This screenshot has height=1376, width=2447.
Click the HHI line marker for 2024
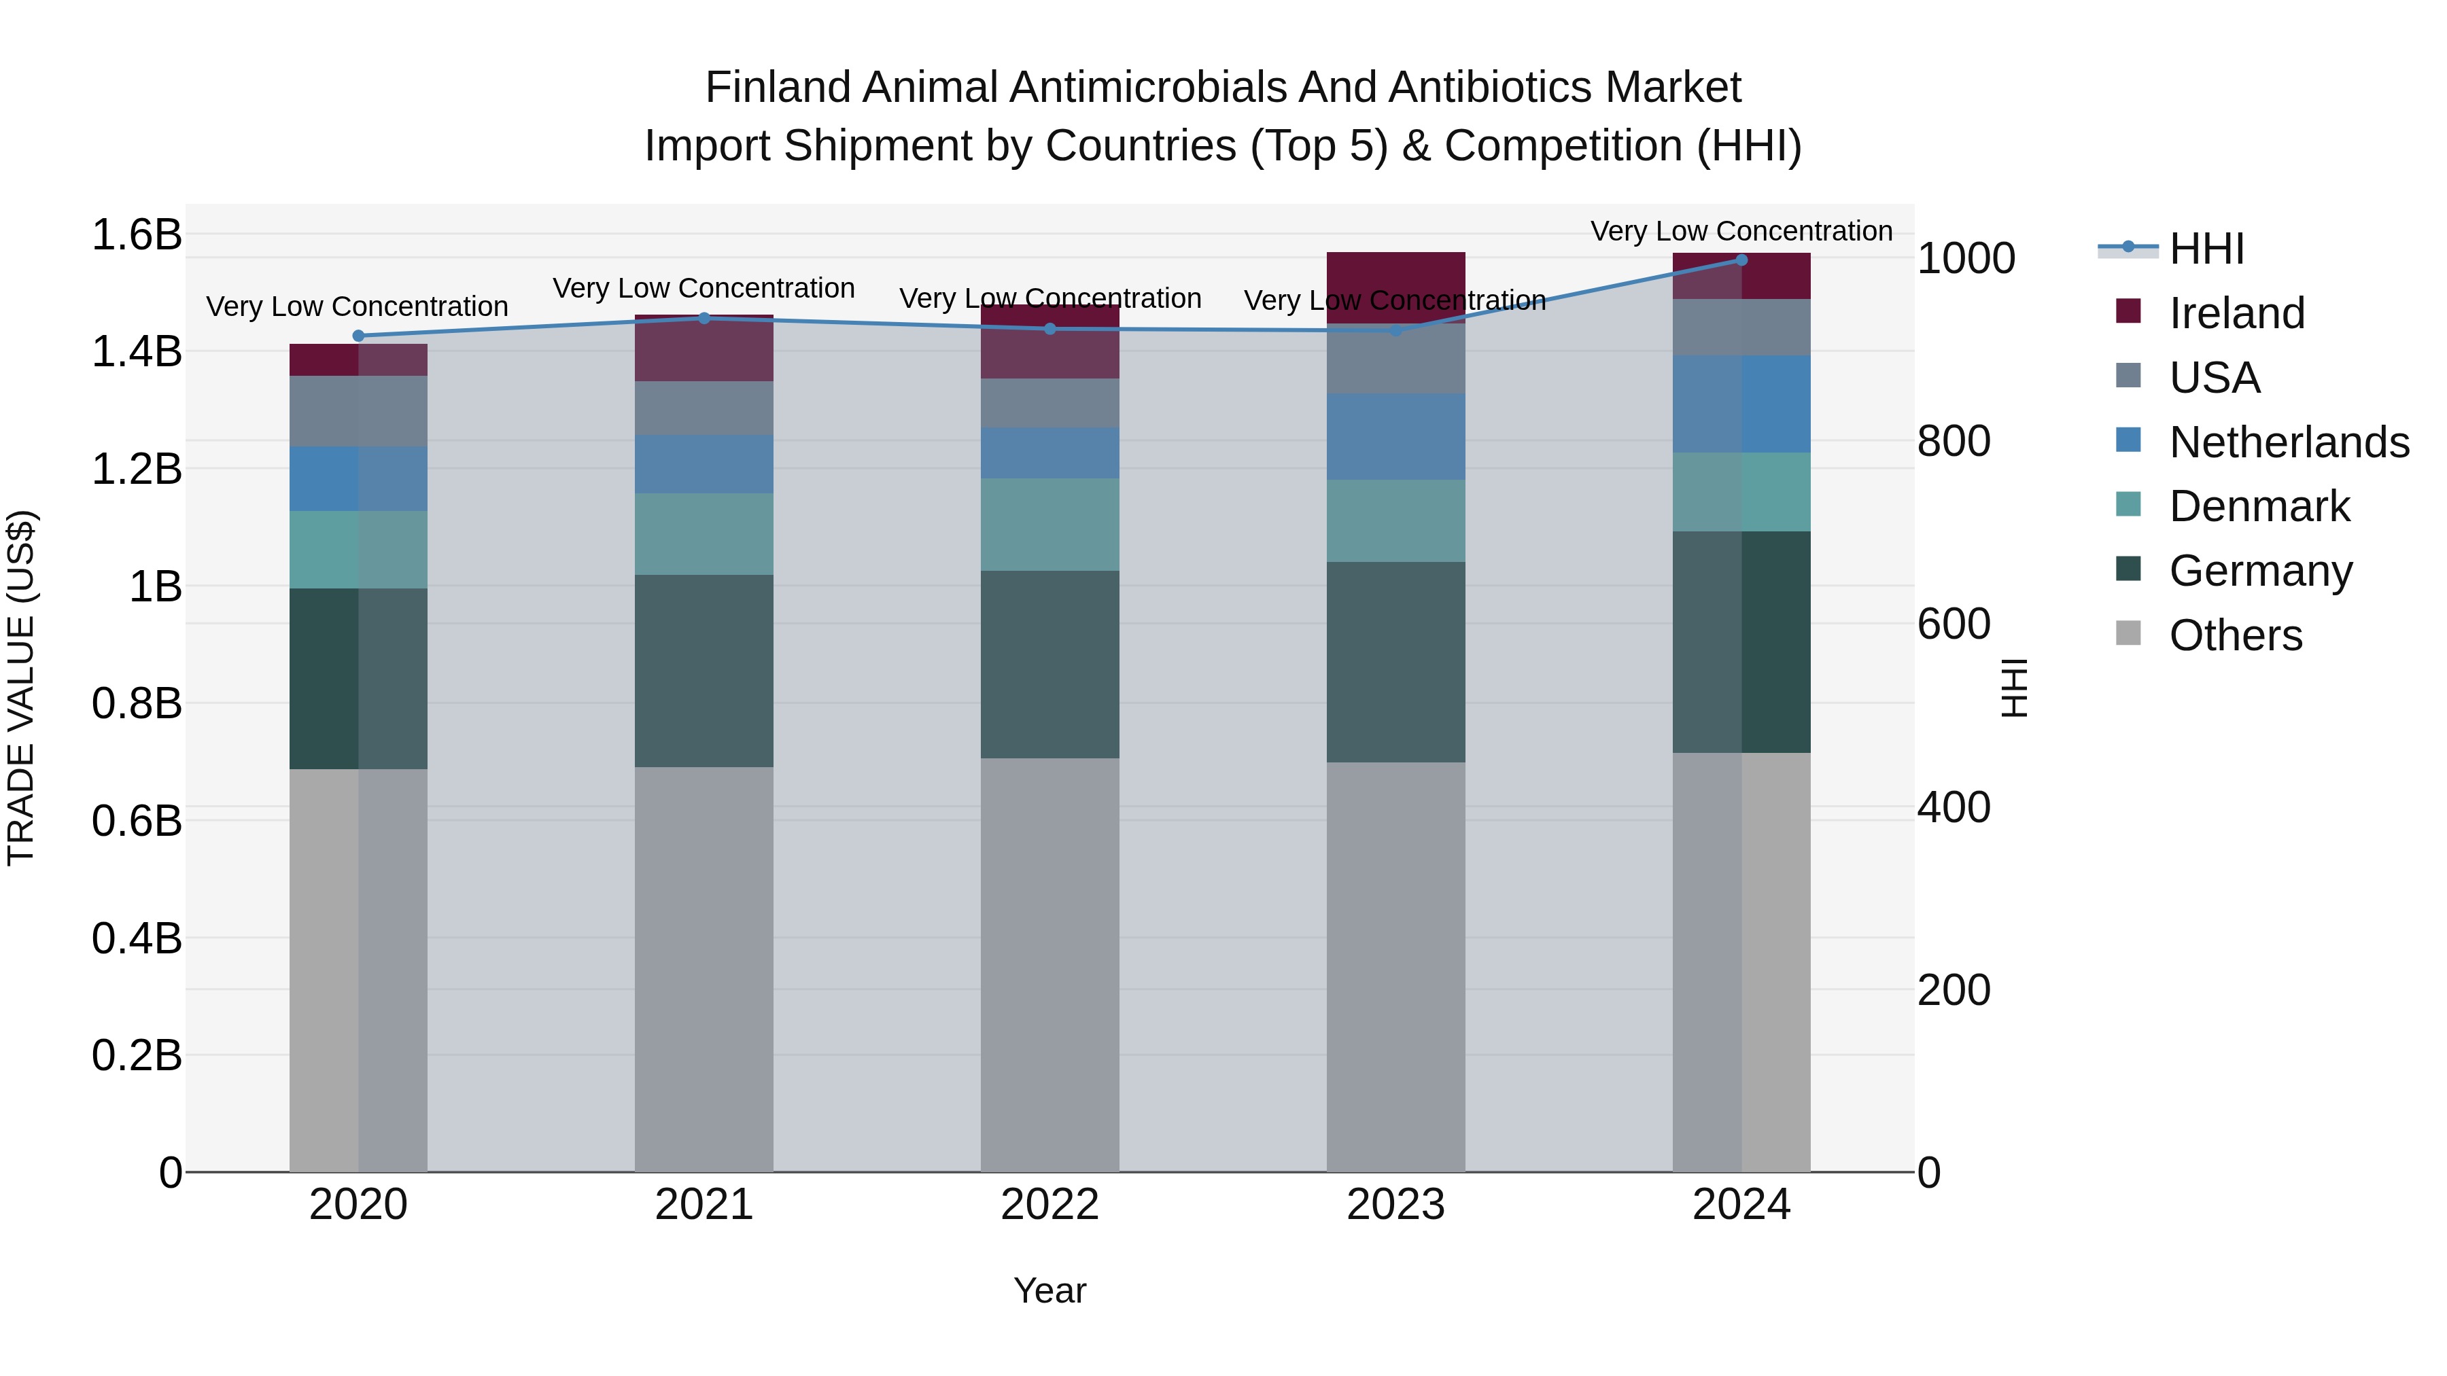(1741, 260)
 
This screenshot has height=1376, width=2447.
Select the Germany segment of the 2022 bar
(1049, 664)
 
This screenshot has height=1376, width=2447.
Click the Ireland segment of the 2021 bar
(704, 349)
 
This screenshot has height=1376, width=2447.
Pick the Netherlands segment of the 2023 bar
(1395, 437)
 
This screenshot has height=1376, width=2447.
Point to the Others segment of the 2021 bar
(704, 968)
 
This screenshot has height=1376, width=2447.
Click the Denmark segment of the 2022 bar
(1049, 524)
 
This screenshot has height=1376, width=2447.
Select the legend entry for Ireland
(2236, 313)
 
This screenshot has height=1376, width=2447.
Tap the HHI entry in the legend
(2206, 249)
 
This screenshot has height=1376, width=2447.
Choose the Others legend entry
(2235, 635)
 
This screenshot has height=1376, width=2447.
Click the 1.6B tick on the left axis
(137, 234)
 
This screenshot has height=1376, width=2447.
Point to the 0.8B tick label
(137, 704)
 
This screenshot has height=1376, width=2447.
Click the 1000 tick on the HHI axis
(1965, 258)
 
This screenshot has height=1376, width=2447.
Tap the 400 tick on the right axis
(1953, 807)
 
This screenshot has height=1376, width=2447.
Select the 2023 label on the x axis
(1395, 1205)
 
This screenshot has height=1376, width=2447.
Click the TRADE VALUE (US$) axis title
(21, 688)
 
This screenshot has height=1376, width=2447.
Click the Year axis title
(1049, 1290)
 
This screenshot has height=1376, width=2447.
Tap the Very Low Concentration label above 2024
(1741, 231)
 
